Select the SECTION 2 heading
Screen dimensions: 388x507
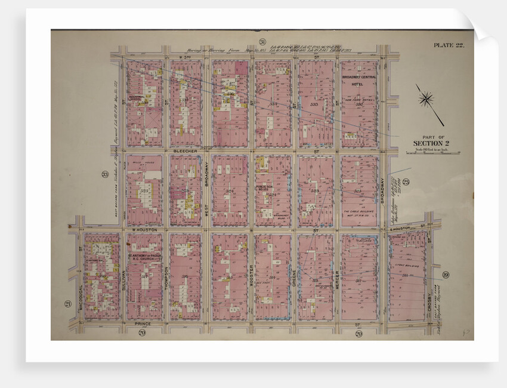coord(428,143)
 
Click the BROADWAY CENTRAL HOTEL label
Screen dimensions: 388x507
coord(359,81)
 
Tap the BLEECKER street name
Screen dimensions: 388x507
coord(184,152)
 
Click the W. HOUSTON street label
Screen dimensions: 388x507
coord(144,229)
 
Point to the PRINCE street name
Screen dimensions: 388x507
coord(143,324)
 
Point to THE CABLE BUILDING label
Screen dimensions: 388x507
coord(358,214)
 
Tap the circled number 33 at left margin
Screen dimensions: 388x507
coord(105,174)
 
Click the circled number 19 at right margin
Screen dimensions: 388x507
coord(446,275)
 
